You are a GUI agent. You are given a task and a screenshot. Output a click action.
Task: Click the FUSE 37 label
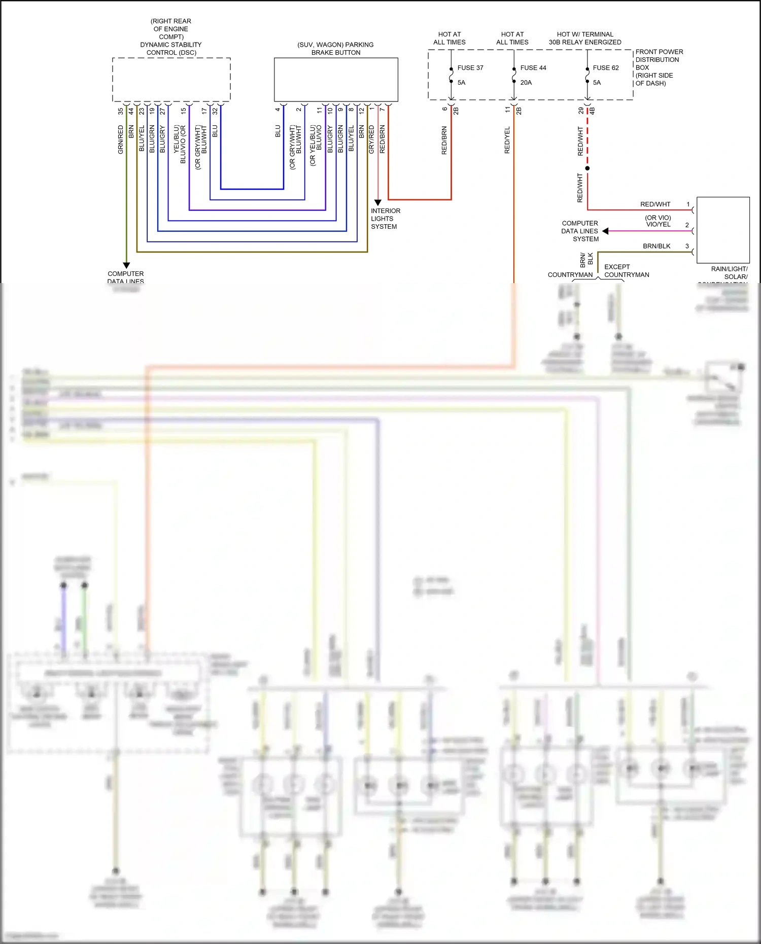point(470,68)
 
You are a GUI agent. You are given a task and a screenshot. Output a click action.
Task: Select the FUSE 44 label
point(533,68)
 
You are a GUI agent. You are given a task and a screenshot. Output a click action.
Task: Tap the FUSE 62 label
point(605,68)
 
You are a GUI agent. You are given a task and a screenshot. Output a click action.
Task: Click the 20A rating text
point(526,83)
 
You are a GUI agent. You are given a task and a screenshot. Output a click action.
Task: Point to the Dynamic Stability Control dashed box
point(171,80)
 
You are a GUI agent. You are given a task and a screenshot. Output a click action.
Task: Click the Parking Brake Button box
point(336,80)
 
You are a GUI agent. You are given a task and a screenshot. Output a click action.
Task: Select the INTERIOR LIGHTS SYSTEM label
point(385,219)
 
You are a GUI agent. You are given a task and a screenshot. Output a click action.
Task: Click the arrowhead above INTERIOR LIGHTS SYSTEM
point(377,202)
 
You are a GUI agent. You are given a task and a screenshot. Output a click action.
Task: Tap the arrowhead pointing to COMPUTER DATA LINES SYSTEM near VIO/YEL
point(605,231)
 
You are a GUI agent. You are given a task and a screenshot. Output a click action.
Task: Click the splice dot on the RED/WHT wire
point(587,168)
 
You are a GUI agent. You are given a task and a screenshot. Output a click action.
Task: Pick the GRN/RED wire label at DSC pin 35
point(121,139)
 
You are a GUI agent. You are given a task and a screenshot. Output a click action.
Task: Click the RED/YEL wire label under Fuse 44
point(507,140)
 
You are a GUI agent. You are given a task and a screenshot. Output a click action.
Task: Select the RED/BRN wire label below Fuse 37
point(444,141)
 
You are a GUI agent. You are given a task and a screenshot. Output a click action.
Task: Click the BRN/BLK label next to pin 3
point(656,246)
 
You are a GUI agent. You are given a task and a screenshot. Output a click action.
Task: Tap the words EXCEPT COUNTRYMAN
point(627,271)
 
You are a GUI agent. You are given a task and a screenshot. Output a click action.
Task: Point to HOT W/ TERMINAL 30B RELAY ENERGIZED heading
point(585,38)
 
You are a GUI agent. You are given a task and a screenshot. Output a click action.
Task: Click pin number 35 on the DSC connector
point(121,111)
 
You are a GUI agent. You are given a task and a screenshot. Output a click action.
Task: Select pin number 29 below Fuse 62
point(581,110)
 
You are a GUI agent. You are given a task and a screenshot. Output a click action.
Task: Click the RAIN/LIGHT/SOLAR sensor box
point(723,229)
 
